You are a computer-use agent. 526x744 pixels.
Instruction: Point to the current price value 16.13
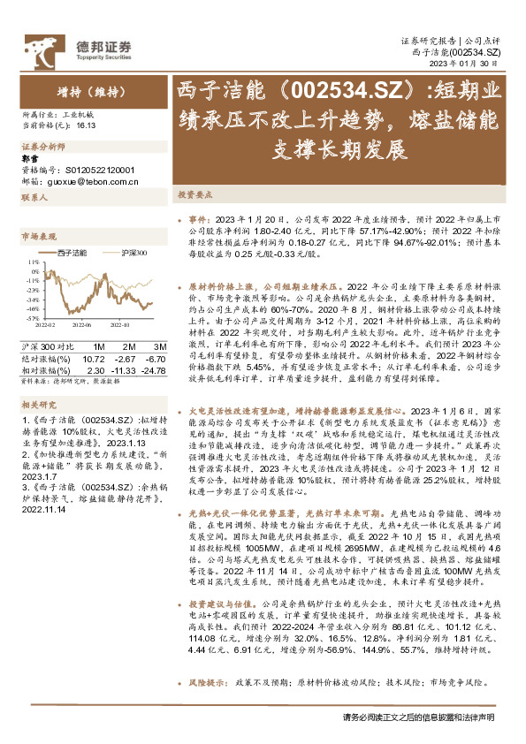pyautogui.click(x=86, y=126)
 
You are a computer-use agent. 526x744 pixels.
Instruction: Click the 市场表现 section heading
pyautogui.click(x=39, y=237)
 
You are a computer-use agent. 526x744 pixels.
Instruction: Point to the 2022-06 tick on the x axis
pyautogui.click(x=82, y=324)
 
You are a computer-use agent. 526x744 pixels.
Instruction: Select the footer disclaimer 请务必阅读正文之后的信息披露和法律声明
pyautogui.click(x=417, y=717)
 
